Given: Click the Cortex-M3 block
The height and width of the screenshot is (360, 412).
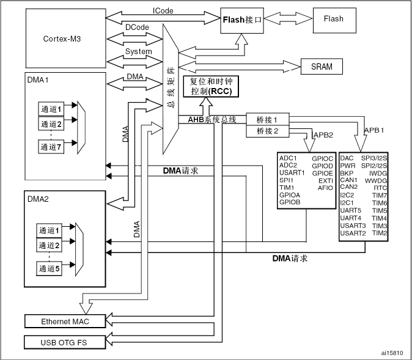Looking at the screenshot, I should [62, 39].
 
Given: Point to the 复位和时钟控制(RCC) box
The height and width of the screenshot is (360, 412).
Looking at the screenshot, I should [212, 86].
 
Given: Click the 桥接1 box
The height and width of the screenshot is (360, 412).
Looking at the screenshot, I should [267, 120].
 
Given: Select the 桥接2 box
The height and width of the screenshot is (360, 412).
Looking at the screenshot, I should [267, 131].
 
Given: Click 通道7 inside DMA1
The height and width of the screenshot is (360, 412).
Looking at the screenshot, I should [51, 146].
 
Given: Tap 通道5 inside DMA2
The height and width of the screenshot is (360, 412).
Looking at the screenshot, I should [51, 269].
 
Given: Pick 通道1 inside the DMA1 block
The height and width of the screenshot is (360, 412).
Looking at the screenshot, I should [51, 109].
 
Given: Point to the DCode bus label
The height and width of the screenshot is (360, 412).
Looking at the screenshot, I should [138, 28].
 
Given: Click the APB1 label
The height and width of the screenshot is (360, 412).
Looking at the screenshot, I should [373, 130].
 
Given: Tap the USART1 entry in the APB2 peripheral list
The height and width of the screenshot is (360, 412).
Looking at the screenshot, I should [292, 173].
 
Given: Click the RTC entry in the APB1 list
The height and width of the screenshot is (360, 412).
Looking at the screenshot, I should [380, 188].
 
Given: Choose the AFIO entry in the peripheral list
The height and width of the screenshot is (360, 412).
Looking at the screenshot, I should [325, 188].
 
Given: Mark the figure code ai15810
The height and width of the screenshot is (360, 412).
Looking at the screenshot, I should [391, 353].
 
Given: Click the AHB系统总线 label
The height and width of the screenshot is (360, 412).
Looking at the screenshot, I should [208, 119].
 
